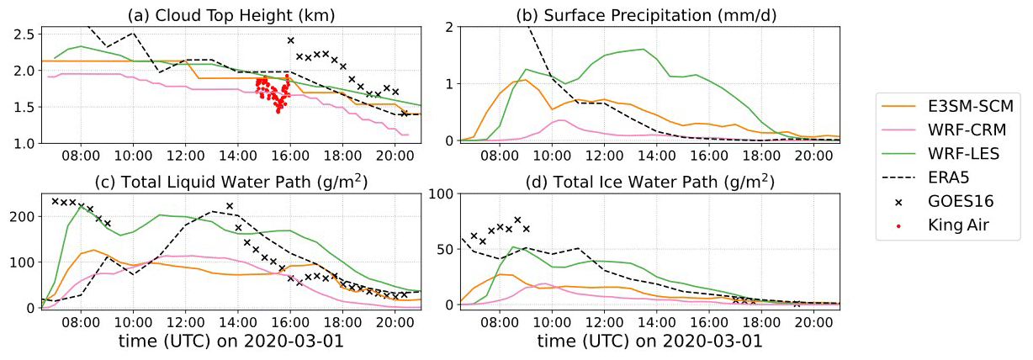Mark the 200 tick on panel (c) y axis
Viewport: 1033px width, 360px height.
point(24,216)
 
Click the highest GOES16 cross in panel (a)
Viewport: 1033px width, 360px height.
point(290,40)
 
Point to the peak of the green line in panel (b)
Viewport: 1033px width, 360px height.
point(644,49)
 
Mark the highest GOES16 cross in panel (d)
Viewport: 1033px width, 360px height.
point(517,220)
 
